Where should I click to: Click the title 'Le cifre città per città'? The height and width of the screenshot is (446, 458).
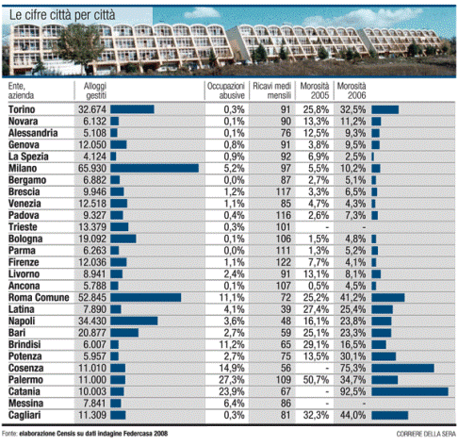(x=62, y=15)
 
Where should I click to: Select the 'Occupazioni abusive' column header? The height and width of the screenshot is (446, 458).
(x=226, y=91)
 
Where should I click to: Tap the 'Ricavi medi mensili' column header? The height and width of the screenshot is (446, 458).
(x=272, y=91)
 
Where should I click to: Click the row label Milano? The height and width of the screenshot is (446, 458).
(x=23, y=168)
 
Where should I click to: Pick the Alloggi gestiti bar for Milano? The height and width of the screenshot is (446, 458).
(x=155, y=168)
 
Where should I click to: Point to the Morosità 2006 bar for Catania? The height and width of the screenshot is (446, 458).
(x=410, y=391)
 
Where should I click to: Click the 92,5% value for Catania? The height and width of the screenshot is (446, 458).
(x=353, y=391)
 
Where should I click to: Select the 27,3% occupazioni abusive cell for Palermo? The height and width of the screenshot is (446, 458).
(x=232, y=380)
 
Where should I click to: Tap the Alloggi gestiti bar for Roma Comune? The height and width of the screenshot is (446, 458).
(x=146, y=297)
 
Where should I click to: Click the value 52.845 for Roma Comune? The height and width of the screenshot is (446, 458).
(x=92, y=297)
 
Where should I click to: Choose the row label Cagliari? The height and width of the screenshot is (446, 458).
(x=25, y=415)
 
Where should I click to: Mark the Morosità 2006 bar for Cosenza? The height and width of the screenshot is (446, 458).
(x=403, y=368)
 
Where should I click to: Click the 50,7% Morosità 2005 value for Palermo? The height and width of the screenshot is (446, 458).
(x=316, y=380)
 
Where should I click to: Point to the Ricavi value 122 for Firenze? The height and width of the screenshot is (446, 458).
(x=284, y=262)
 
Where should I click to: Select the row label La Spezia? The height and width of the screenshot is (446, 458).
(x=28, y=157)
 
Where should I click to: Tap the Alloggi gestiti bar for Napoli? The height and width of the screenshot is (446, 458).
(x=134, y=321)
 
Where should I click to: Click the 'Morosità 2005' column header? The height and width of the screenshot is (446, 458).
(x=315, y=91)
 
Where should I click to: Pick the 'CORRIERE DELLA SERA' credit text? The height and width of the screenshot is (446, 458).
(x=426, y=434)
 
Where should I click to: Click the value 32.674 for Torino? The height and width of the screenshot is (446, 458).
(x=92, y=109)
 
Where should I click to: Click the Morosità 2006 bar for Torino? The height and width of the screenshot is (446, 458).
(x=385, y=109)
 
